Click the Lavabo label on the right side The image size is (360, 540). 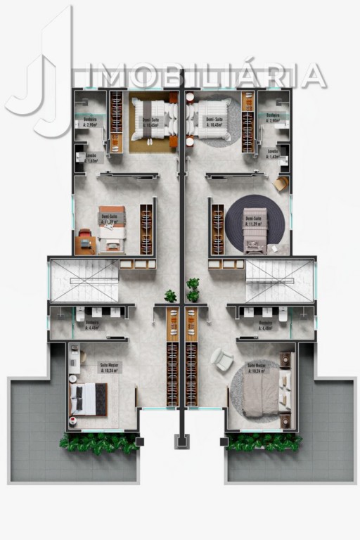point(274,152)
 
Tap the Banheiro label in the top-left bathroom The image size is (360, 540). point(90,120)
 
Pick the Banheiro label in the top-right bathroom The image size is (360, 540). point(274,116)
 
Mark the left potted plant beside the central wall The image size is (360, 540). point(169,296)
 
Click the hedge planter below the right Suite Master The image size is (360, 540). point(264,442)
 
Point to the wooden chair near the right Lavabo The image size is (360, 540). point(281,184)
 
